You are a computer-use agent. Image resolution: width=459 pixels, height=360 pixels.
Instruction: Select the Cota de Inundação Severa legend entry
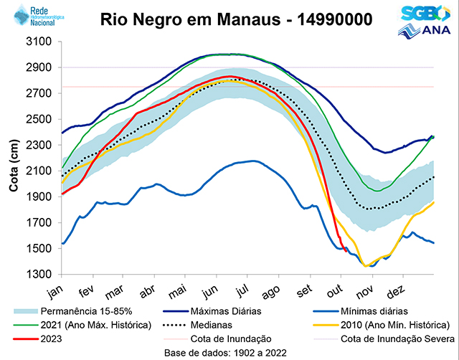click(x=397, y=338)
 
